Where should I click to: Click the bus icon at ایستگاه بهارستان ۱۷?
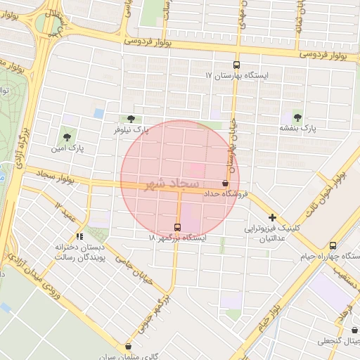236,64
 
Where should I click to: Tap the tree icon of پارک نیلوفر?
131,119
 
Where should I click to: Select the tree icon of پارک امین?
67,137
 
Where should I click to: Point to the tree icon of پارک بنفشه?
297,117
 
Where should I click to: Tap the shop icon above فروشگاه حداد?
225,183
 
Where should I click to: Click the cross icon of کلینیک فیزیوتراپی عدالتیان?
272,218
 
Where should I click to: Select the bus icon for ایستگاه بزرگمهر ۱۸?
177,227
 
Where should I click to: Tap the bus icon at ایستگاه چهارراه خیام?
333,245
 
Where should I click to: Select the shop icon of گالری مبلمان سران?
128,346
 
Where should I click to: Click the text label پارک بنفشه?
298,129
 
